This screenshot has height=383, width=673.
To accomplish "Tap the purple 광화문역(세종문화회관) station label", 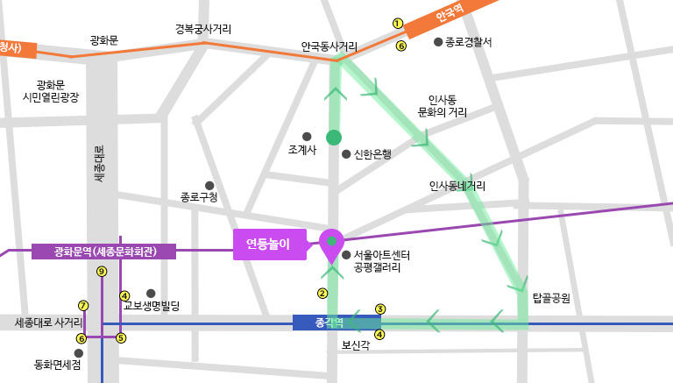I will click(x=104, y=252).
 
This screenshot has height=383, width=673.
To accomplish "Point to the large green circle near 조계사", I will click(x=333, y=138).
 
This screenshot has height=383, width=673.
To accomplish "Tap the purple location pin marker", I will click(x=331, y=245).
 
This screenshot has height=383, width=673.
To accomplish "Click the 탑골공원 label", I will click(x=551, y=298).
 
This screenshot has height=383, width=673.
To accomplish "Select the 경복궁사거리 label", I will click(x=203, y=30).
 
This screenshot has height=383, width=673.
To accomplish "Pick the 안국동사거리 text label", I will click(x=329, y=46).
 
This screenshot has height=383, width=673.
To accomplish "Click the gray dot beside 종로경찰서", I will click(x=438, y=41).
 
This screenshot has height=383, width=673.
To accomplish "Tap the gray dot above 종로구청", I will click(x=209, y=185).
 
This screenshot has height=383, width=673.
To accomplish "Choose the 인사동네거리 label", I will click(x=457, y=186).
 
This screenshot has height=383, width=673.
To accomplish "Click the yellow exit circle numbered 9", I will click(x=102, y=272).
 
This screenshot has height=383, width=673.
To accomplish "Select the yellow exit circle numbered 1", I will click(x=397, y=24).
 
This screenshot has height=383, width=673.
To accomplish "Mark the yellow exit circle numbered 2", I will click(x=322, y=293).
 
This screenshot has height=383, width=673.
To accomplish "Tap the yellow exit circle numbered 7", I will click(x=83, y=306).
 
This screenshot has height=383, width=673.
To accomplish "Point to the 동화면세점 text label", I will click(x=57, y=365).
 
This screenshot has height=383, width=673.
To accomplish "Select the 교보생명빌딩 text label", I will click(x=151, y=306).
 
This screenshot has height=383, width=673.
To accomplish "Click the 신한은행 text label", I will click(x=372, y=154).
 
